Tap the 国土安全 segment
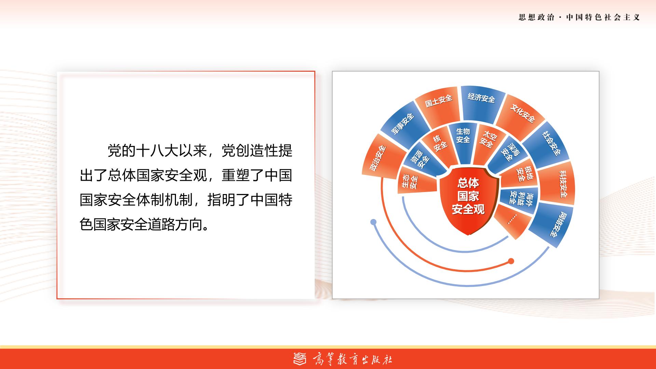point(438,105)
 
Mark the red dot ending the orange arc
point(511,261)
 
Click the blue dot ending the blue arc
point(373,222)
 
